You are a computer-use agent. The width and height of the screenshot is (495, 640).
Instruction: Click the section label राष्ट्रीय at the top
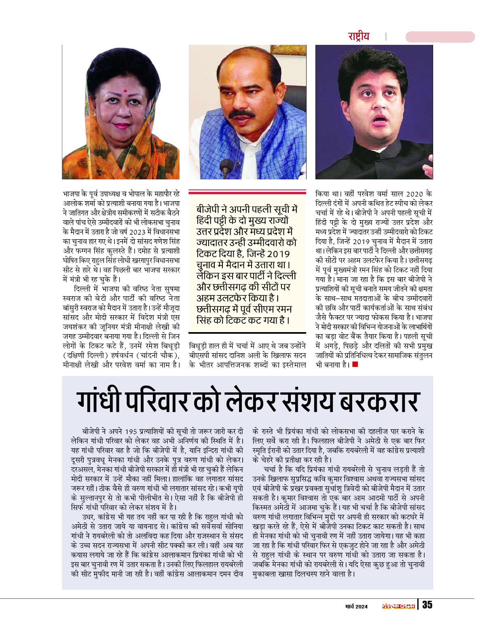pyautogui.click(x=359, y=36)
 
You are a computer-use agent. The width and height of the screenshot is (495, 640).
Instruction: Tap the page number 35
pyautogui.click(x=427, y=605)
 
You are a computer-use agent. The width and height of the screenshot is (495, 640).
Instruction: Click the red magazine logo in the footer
pyautogui.click(x=399, y=605)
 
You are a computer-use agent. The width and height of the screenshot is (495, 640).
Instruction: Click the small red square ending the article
pyautogui.click(x=355, y=364)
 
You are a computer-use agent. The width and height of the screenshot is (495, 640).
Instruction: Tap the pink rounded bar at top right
pyautogui.click(x=440, y=37)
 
